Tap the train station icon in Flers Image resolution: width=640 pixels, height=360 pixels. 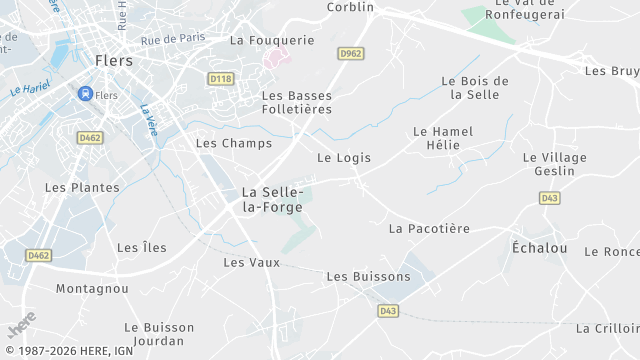(x=85, y=94)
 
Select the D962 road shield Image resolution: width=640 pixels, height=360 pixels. (x=350, y=53)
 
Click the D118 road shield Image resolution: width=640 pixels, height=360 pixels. (x=220, y=77)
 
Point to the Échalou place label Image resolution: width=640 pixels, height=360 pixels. (x=539, y=248)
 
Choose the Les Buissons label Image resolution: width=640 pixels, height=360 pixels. (x=368, y=276)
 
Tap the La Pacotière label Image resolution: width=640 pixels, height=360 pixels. (x=428, y=228)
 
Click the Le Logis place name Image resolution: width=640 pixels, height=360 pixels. (x=344, y=157)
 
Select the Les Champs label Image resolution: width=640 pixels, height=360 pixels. (x=233, y=143)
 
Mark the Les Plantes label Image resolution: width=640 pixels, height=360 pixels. (x=82, y=187)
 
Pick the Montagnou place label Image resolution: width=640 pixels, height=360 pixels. (x=92, y=288)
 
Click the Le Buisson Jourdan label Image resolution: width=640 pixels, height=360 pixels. (x=160, y=334)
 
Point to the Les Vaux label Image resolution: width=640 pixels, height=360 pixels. (x=251, y=262)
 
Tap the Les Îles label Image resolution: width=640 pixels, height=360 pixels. (x=142, y=247)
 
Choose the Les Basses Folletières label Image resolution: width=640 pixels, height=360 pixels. (x=296, y=103)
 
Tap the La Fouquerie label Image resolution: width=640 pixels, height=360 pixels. (x=272, y=40)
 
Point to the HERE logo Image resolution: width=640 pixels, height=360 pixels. (x=21, y=327)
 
